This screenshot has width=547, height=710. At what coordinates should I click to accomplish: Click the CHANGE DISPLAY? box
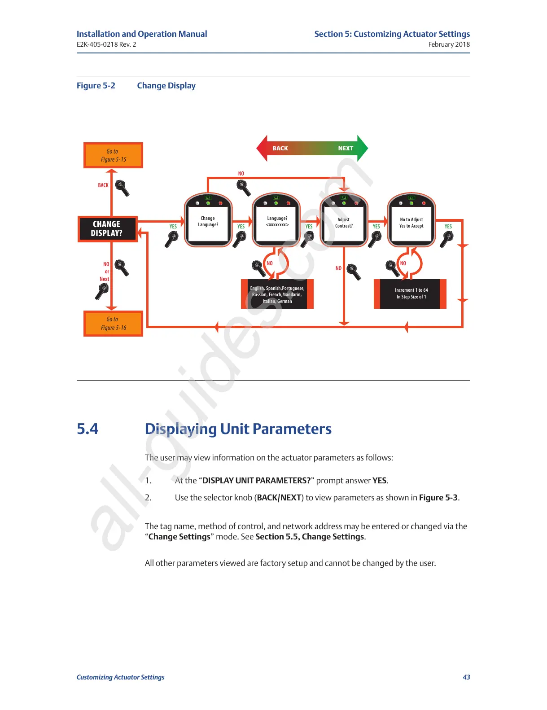pos(107,229)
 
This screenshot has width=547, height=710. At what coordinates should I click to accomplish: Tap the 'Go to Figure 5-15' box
pos(113,155)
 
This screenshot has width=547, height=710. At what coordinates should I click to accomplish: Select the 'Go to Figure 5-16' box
pos(113,323)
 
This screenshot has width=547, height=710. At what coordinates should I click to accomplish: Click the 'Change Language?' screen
pos(208,222)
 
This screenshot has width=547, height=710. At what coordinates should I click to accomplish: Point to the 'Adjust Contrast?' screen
pos(344,223)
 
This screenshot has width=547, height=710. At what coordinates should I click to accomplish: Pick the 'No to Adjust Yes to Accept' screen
pos(411,223)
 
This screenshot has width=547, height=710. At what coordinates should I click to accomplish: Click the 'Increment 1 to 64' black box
pos(411,294)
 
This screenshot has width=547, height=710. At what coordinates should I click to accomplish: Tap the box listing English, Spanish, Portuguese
pos(277,294)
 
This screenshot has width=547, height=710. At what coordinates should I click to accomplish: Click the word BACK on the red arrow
pos(280,149)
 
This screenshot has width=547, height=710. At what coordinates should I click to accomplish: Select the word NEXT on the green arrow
pos(346,149)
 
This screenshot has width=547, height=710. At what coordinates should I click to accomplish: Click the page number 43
pos(466,677)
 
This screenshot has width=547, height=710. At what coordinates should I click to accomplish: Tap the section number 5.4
pos(88,429)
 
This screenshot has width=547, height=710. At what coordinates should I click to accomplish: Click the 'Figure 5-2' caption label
pos(96,86)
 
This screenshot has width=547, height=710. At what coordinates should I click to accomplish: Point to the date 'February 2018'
pos(449,44)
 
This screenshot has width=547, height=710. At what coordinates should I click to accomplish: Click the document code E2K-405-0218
pos(97,44)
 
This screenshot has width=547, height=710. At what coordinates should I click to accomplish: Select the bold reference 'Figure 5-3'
pos(438,498)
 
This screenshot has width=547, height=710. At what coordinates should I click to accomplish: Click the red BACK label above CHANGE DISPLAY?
pos(103,185)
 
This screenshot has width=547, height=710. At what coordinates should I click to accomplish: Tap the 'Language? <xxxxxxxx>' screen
pos(277,222)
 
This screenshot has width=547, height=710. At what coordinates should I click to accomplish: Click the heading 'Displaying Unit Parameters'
pos(238,429)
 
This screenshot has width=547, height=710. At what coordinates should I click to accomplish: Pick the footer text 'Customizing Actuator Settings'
pos(120,677)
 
